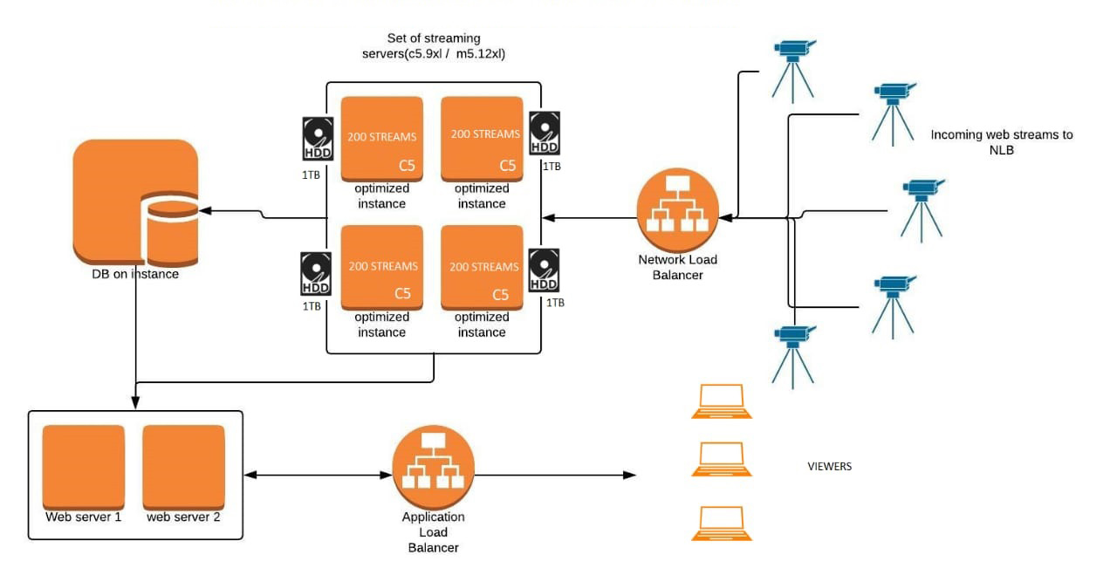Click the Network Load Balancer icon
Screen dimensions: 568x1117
[x=678, y=209]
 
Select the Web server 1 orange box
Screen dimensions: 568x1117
[x=84, y=468]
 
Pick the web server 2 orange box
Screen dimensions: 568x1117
[x=183, y=468]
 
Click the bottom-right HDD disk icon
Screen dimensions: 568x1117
[x=545, y=270]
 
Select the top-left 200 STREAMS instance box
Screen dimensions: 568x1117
[x=381, y=138]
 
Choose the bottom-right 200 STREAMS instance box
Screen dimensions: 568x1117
[x=482, y=267]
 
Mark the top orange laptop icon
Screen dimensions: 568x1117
[x=721, y=401]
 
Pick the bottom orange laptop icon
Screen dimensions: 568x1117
[x=721, y=524]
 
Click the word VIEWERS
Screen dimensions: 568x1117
[x=829, y=467]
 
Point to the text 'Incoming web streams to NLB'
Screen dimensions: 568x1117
[x=1001, y=141]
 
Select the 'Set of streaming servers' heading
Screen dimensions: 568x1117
[x=434, y=46]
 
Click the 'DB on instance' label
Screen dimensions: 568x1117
[x=135, y=274]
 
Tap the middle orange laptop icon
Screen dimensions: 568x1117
[x=721, y=459]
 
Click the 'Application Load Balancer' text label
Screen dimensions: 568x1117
[x=433, y=532]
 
